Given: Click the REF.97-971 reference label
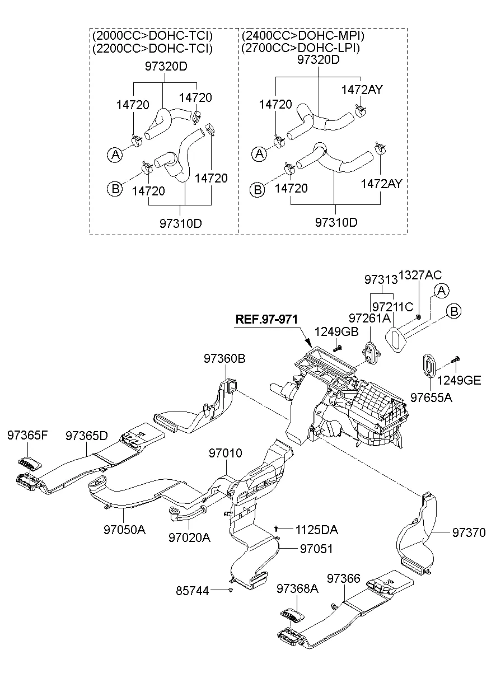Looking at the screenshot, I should click(x=266, y=319).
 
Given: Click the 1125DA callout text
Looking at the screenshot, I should click(x=317, y=529).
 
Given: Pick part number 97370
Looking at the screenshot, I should click(x=469, y=533).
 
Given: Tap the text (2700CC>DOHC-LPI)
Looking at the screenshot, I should click(x=300, y=48).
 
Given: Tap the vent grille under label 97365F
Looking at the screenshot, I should click(x=32, y=462).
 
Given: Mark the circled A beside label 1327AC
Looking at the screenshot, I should click(x=441, y=291).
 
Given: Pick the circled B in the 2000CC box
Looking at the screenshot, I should click(x=114, y=189).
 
